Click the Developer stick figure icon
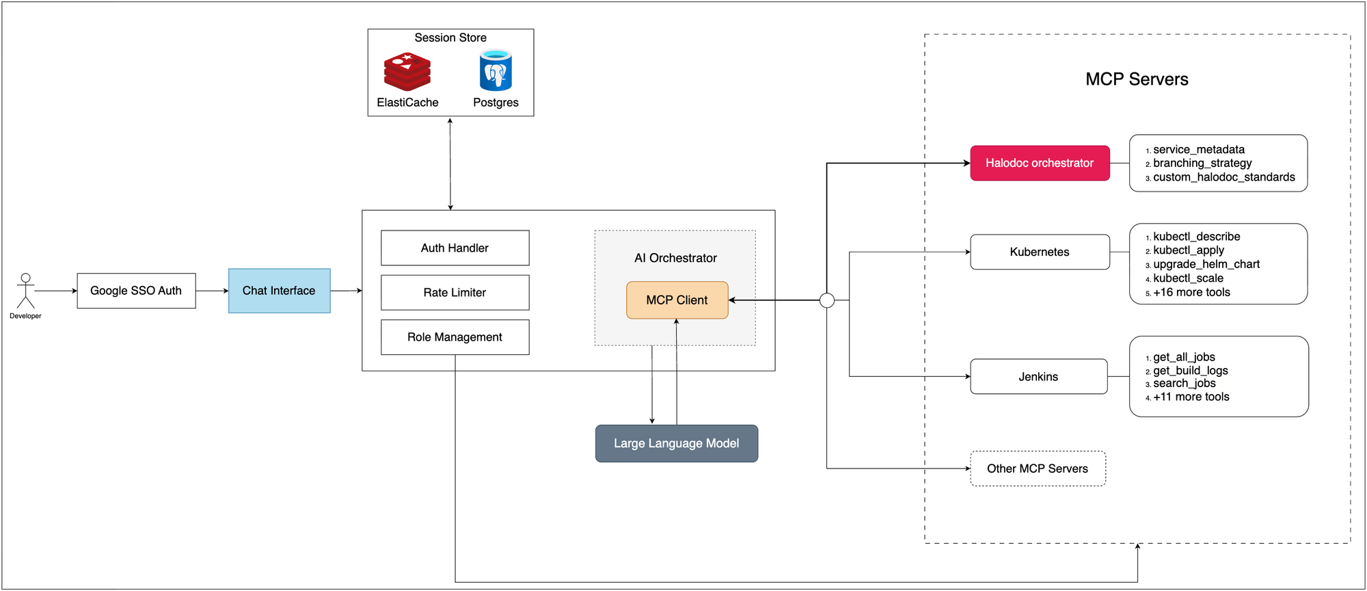[x=25, y=291]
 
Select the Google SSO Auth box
[x=136, y=291]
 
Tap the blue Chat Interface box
[x=279, y=291]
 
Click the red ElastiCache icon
[x=407, y=72]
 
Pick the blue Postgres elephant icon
[x=496, y=70]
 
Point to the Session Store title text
[x=450, y=38]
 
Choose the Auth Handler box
[x=455, y=248]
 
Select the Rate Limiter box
[x=455, y=293]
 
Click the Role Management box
[x=455, y=337]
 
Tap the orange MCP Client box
[x=677, y=300]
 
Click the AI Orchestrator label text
[x=675, y=258]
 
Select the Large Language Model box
[x=676, y=443]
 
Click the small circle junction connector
[x=827, y=300]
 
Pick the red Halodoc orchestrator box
[x=1040, y=163]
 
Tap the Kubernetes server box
[x=1040, y=252]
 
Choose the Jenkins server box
[x=1038, y=377]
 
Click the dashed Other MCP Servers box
[x=1038, y=469]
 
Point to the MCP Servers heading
[x=1137, y=79]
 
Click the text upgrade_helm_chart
[x=1206, y=264]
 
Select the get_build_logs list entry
[x=1191, y=371]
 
